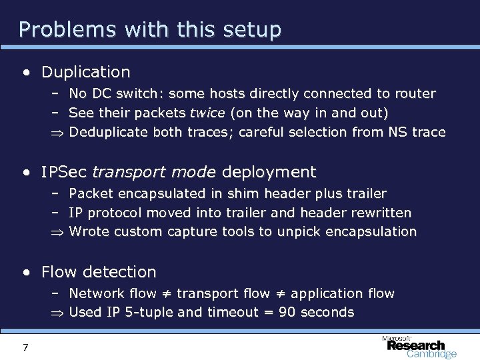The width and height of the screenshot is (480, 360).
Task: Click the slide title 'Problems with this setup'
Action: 150,29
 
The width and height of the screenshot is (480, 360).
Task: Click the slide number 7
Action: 25,347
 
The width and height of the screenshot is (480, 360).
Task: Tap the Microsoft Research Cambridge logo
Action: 419,346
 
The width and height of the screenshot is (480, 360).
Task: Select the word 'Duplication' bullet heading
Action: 85,71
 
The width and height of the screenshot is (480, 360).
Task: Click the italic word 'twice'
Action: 208,113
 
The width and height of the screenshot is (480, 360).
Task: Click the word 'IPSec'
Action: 63,172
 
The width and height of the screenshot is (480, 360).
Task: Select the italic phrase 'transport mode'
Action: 154,172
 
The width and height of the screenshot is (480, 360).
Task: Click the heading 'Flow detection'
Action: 99,272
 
